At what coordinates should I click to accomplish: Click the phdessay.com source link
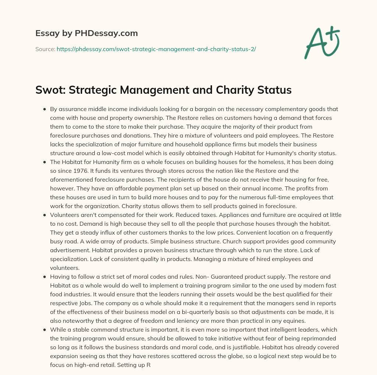point(156,49)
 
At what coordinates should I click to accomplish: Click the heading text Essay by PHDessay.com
point(87,33)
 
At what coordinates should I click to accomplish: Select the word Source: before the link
point(45,49)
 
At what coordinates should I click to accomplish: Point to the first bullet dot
point(45,109)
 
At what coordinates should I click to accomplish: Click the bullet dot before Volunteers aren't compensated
point(45,215)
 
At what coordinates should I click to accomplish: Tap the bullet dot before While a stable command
point(45,330)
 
